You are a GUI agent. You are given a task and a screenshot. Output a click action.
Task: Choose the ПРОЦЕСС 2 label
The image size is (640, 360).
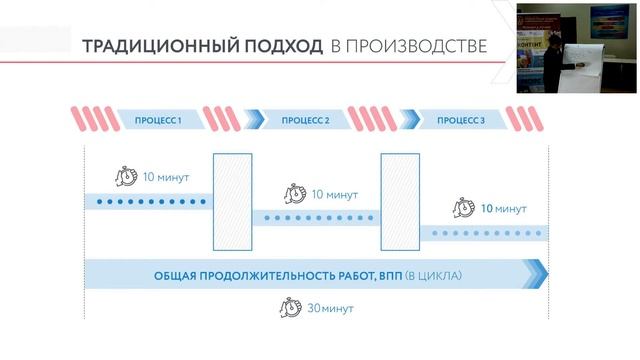point(306,121)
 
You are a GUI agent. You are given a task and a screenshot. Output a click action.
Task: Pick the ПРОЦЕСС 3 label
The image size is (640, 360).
point(461,121)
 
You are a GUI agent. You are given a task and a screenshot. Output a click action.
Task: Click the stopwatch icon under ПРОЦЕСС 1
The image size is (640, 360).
point(126,177)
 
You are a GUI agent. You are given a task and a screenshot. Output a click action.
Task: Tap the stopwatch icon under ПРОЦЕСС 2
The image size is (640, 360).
point(295,194)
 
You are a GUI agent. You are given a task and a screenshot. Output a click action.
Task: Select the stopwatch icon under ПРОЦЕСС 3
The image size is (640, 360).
point(464,209)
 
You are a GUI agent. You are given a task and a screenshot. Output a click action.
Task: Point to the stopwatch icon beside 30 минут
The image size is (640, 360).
point(291,308)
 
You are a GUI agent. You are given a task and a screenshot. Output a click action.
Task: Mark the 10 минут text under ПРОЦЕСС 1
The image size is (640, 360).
point(166,178)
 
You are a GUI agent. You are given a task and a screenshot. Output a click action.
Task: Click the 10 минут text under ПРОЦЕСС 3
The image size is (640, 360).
point(503,210)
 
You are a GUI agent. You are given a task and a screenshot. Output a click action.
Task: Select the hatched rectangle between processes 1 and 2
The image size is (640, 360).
point(233,201)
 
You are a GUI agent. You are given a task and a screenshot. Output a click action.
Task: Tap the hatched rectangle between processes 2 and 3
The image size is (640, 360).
point(399,201)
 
